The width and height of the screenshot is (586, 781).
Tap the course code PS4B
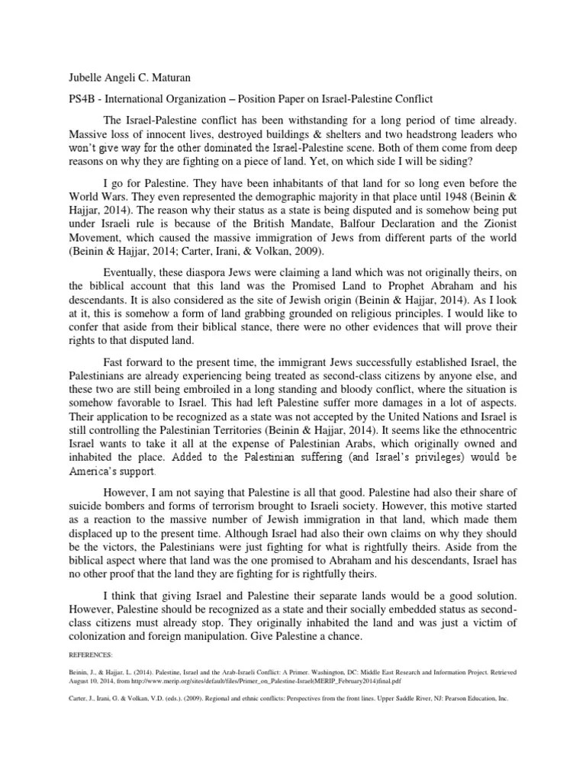tap(79, 98)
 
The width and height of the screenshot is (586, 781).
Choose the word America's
tap(95, 471)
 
